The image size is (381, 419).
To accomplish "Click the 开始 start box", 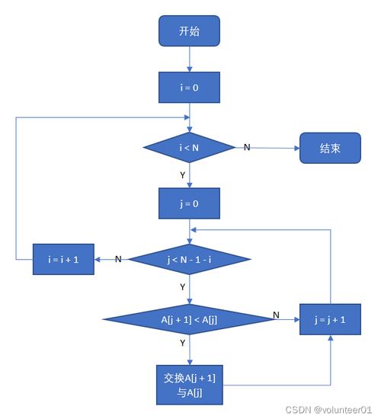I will pyautogui.click(x=189, y=31).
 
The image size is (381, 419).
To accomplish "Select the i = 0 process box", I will pyautogui.click(x=189, y=88).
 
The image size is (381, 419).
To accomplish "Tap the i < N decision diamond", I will pyautogui.click(x=189, y=147).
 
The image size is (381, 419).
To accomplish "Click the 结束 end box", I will pyautogui.click(x=330, y=149).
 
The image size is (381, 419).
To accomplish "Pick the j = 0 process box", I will pyautogui.click(x=189, y=203).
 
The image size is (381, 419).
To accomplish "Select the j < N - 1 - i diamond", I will pyautogui.click(x=189, y=259).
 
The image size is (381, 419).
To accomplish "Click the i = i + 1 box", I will pyautogui.click(x=62, y=259).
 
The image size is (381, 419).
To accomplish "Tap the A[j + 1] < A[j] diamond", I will pyautogui.click(x=189, y=319).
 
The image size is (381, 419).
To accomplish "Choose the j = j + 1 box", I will pyautogui.click(x=330, y=320).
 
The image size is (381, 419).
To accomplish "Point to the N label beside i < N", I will pyautogui.click(x=246, y=146).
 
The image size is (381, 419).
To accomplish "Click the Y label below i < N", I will pyautogui.click(x=182, y=174).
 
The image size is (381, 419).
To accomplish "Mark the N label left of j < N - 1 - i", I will pyautogui.click(x=118, y=259).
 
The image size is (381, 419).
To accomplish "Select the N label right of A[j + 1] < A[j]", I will pyautogui.click(x=276, y=315).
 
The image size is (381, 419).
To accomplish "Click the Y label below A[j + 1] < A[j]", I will pyautogui.click(x=182, y=343).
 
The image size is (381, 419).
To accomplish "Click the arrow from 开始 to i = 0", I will pyautogui.click(x=189, y=59).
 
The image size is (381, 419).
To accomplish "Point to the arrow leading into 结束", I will pyautogui.click(x=274, y=148).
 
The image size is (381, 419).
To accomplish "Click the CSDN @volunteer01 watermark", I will pyautogui.click(x=328, y=409).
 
